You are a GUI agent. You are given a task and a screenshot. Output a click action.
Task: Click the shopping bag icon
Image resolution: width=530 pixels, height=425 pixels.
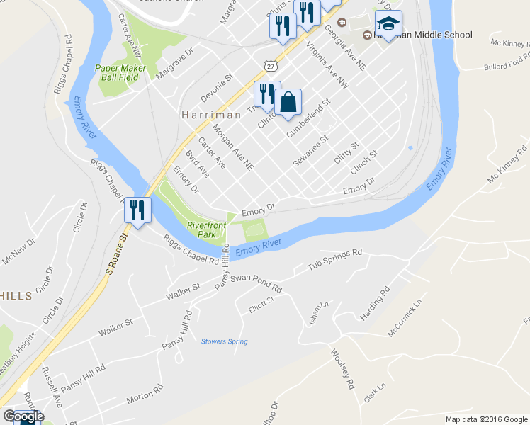(288, 102)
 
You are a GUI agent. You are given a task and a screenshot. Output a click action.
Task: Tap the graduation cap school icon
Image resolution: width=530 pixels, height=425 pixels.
(388, 23)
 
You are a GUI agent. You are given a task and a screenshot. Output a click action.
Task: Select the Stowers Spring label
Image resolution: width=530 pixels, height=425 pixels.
(225, 341)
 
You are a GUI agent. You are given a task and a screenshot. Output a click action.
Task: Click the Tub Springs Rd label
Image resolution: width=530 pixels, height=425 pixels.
(334, 260)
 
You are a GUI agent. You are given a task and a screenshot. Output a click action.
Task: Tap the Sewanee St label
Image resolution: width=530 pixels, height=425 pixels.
(312, 150)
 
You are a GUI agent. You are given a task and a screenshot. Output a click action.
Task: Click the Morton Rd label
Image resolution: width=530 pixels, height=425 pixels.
(145, 395)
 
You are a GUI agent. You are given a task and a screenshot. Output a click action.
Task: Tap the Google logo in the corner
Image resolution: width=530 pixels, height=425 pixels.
(23, 416)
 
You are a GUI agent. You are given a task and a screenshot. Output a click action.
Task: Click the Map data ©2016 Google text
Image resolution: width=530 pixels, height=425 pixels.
(487, 419)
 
